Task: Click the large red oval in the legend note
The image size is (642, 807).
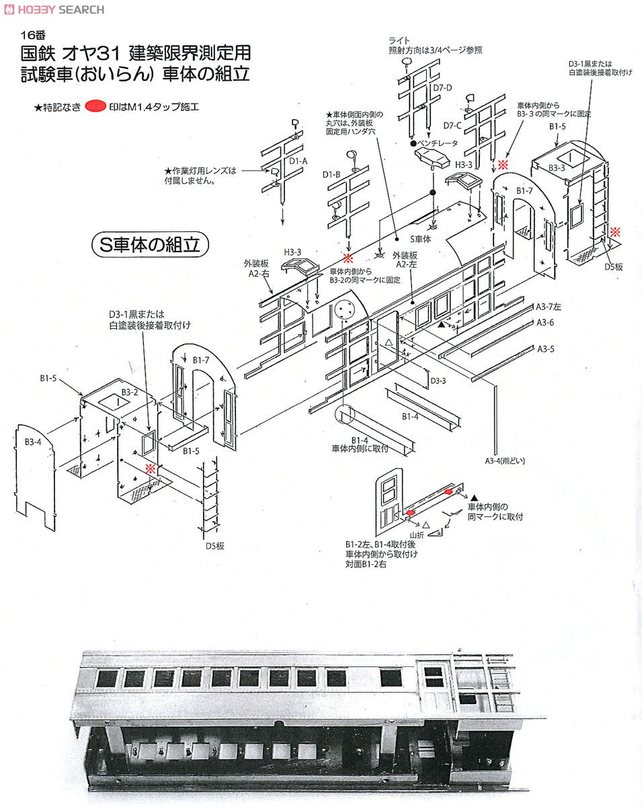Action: click(x=97, y=106)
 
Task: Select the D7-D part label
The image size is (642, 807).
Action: click(x=442, y=87)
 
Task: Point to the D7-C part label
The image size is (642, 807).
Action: click(x=452, y=125)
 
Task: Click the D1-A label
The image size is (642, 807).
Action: click(x=298, y=161)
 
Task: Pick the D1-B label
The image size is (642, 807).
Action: click(x=331, y=175)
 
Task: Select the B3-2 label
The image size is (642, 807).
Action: click(x=130, y=392)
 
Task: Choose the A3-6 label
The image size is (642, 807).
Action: click(x=545, y=323)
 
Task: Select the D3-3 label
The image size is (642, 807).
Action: click(x=438, y=381)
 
